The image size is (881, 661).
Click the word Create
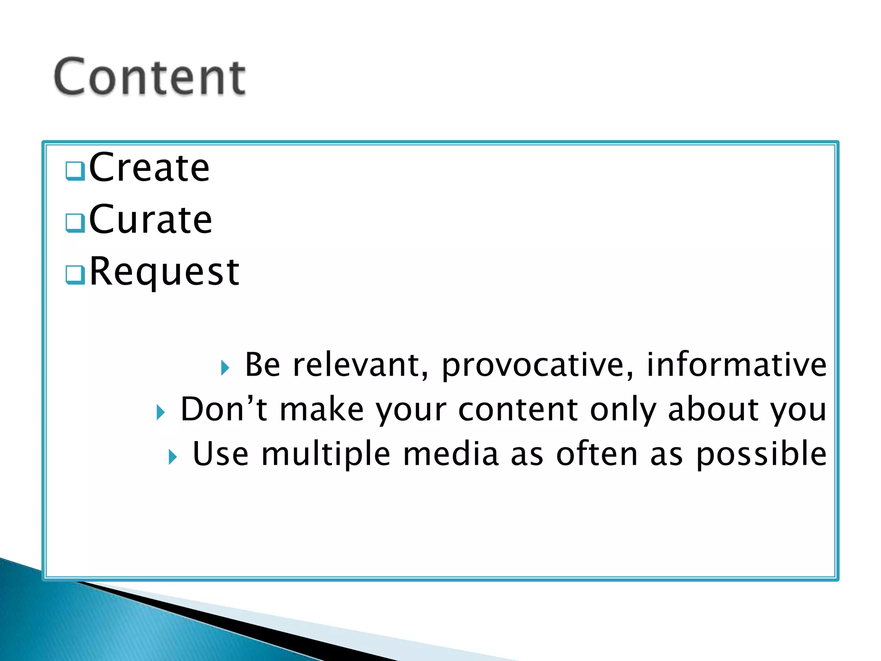tap(149, 167)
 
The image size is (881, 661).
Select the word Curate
tap(151, 219)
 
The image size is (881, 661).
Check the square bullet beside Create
tap(75, 171)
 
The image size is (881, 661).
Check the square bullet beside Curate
tap(75, 223)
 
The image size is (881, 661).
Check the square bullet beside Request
tap(75, 275)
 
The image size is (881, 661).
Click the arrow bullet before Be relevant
tap(225, 368)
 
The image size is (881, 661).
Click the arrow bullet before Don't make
tap(160, 412)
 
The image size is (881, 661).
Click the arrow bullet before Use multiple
tap(172, 457)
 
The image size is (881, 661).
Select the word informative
tap(736, 364)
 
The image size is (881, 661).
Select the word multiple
tap(326, 455)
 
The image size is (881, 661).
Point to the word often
tap(597, 454)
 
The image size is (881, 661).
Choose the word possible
tap(761, 455)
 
